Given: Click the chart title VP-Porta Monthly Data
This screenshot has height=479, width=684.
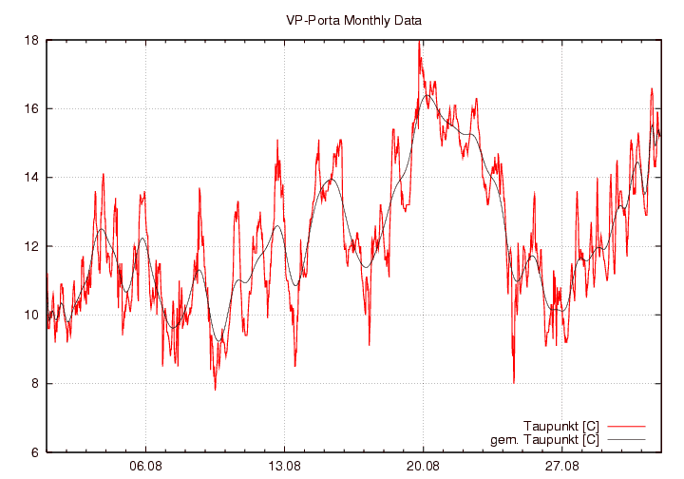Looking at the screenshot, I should (353, 19).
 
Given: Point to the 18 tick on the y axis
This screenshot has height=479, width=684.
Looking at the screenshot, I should (31, 40).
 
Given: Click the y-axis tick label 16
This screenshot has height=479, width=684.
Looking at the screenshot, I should (31, 109).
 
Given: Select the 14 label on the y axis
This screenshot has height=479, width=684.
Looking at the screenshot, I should (31, 178).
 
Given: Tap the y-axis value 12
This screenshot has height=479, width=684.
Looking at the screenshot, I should (31, 246).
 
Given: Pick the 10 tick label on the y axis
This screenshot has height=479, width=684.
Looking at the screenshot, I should (31, 316).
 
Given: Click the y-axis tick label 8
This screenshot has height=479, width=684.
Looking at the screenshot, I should (34, 384).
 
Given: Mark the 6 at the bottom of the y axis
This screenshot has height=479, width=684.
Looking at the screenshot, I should (34, 452).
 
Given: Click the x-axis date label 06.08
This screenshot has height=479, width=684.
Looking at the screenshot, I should (145, 467).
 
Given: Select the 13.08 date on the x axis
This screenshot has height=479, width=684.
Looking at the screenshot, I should (284, 467).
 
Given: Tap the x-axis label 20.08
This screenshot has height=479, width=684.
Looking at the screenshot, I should (423, 467).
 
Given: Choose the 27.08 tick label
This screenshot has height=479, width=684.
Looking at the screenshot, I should (561, 467).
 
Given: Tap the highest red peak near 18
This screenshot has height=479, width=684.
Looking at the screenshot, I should (419, 43).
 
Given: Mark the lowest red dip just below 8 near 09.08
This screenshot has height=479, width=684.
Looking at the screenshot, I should (215, 389).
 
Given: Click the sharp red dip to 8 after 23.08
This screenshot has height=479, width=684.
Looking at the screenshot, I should (514, 382).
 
